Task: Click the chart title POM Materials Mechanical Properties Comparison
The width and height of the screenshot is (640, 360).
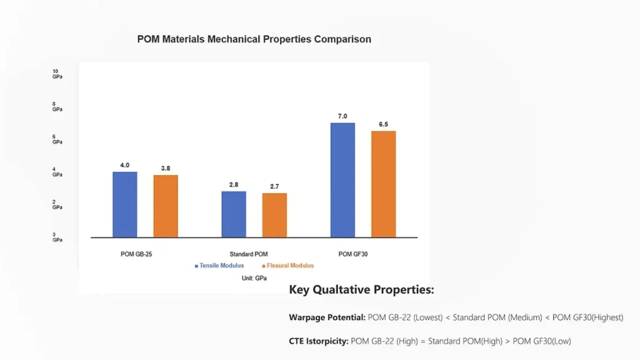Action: (254, 39)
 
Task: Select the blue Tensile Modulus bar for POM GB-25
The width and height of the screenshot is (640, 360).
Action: (125, 204)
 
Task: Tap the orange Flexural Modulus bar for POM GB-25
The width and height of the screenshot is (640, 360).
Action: (166, 206)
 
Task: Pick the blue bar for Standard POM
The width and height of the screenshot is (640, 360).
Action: (234, 214)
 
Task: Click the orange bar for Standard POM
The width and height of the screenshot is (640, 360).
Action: (274, 215)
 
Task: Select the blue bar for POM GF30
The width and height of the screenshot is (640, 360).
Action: (342, 180)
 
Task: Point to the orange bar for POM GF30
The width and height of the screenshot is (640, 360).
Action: (383, 184)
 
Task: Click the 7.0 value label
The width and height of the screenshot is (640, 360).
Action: (342, 116)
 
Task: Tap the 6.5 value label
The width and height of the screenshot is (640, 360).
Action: (383, 124)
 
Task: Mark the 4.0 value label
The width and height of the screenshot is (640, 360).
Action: (125, 165)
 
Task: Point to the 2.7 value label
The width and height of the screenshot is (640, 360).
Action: (274, 186)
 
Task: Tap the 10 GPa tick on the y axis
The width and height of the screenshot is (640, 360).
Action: (57, 74)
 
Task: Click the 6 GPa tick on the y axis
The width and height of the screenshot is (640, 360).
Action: (57, 139)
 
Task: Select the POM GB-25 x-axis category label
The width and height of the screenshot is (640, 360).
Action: (136, 254)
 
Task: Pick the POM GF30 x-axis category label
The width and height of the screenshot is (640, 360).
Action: (354, 254)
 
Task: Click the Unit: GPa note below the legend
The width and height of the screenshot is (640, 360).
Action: (254, 278)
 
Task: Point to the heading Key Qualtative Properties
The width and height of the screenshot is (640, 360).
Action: (361, 290)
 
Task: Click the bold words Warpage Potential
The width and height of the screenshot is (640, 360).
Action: (327, 317)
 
